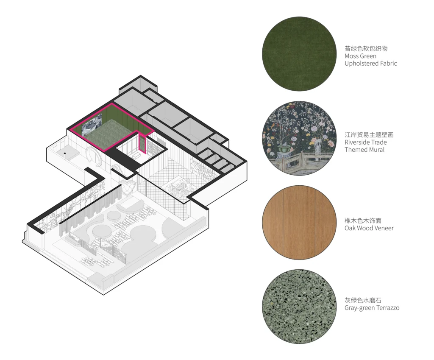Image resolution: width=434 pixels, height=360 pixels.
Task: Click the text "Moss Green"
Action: click(x=360, y=56)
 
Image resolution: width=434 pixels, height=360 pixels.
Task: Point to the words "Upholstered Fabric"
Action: click(x=371, y=64)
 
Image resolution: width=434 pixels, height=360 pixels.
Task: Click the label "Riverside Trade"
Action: click(x=365, y=142)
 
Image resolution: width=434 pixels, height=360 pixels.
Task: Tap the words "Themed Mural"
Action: click(x=364, y=150)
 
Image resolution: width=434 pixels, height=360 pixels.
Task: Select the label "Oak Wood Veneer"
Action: click(x=369, y=228)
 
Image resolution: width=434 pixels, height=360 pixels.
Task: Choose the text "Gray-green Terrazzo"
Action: click(x=372, y=308)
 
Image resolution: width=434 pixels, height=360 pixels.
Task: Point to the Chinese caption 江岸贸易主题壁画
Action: click(x=369, y=135)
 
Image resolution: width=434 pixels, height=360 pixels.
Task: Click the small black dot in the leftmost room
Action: click(x=65, y=153)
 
